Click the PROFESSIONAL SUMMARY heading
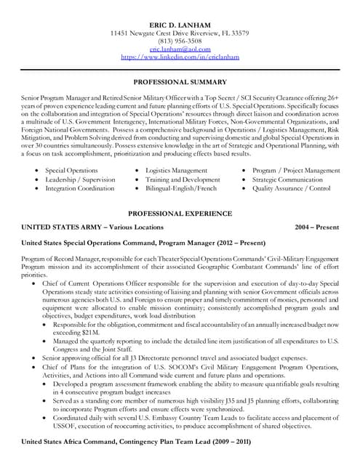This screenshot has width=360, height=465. pyautogui.click(x=179, y=82)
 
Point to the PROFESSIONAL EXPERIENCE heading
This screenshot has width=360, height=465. pyautogui.click(x=179, y=214)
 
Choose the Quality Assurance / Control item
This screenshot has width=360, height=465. pyautogui.click(x=291, y=188)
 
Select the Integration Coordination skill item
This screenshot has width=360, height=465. pyautogui.click(x=80, y=188)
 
